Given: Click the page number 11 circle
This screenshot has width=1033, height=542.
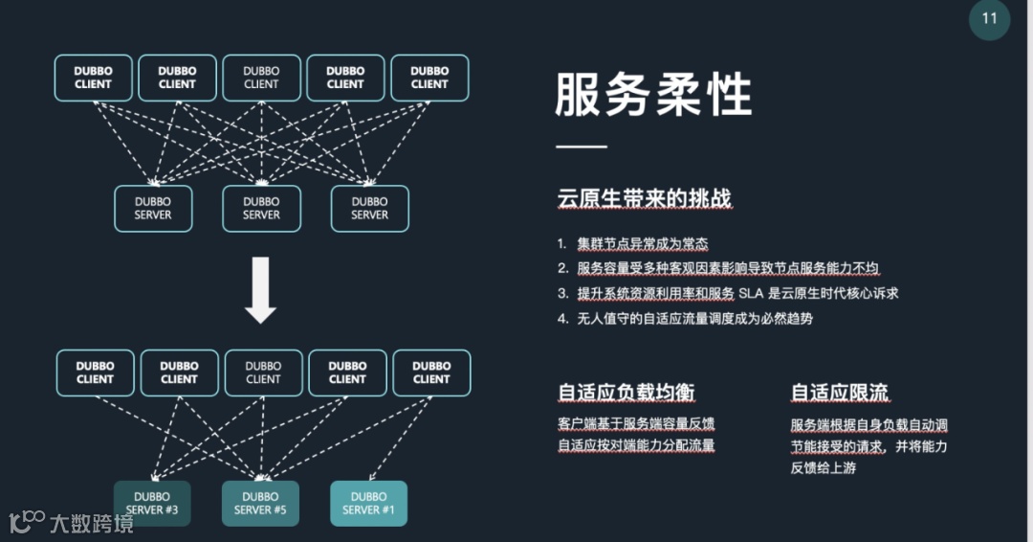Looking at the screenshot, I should pyautogui.click(x=989, y=19).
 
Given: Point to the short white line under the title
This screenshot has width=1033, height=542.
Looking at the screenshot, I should pyautogui.click(x=582, y=147).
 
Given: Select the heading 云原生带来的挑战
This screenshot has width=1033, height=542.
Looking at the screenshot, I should pyautogui.click(x=645, y=199).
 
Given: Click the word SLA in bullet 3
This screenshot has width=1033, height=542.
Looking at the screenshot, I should pyautogui.click(x=752, y=293).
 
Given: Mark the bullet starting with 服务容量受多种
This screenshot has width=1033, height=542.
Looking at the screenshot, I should pyautogui.click(x=728, y=268).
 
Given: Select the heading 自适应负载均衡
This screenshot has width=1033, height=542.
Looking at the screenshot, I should pyautogui.click(x=626, y=393).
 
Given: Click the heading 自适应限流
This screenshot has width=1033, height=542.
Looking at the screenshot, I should pyautogui.click(x=840, y=393).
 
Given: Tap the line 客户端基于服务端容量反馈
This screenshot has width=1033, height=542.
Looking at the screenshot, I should pyautogui.click(x=636, y=423).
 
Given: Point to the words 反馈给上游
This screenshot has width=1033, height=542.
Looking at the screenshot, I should pyautogui.click(x=823, y=467).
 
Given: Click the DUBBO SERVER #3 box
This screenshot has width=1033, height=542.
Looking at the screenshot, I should pyautogui.click(x=152, y=503).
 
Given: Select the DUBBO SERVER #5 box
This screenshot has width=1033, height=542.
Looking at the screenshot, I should pyautogui.click(x=260, y=503).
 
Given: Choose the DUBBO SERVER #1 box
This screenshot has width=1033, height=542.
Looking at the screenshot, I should pyautogui.click(x=368, y=503).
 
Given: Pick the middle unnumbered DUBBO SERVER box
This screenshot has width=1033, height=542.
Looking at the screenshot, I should pyautogui.click(x=261, y=208).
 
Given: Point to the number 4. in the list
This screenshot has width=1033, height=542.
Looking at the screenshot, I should pyautogui.click(x=563, y=318).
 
